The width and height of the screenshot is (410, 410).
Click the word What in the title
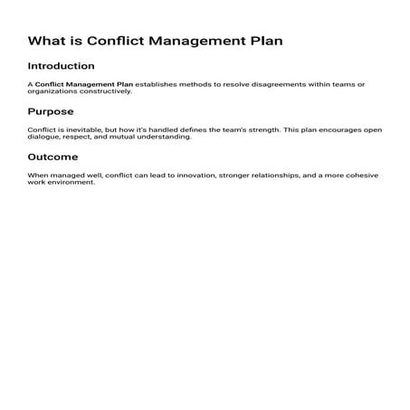coord(45,41)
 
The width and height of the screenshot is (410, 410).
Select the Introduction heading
coord(61,66)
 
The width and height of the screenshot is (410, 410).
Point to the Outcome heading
coord(52,156)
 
